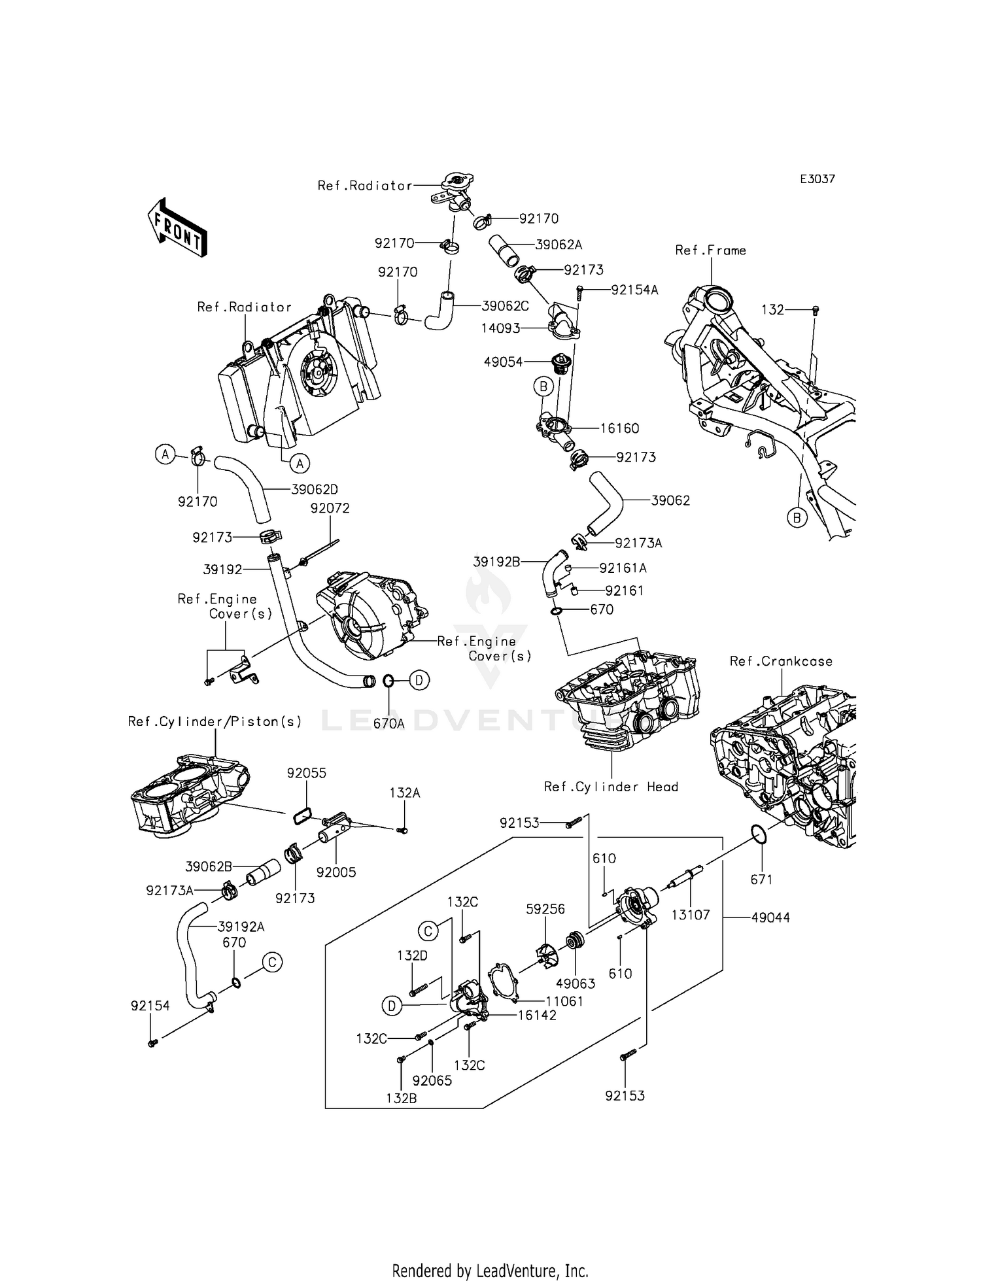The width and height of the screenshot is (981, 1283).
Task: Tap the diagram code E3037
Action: pyautogui.click(x=817, y=179)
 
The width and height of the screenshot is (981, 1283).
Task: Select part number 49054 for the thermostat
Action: pyautogui.click(x=503, y=362)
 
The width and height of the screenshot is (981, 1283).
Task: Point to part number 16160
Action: pyautogui.click(x=619, y=428)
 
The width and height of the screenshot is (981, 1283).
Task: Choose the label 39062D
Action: pyautogui.click(x=315, y=489)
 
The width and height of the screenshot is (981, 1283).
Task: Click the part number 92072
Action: pyautogui.click(x=330, y=508)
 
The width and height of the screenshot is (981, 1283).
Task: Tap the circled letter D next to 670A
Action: pyautogui.click(x=419, y=680)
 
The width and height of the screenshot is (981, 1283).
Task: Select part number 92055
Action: pyautogui.click(x=306, y=773)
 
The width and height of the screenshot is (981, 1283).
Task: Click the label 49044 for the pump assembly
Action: pyautogui.click(x=770, y=917)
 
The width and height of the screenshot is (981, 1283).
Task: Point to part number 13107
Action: pyautogui.click(x=691, y=915)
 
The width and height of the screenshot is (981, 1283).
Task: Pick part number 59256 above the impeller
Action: pyautogui.click(x=545, y=909)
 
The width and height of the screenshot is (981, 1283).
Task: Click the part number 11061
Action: pyautogui.click(x=564, y=1001)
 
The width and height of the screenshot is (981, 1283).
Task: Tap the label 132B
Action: pyautogui.click(x=401, y=1098)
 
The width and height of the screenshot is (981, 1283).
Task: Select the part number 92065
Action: pyautogui.click(x=432, y=1081)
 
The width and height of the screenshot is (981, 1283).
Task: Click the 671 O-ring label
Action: pyautogui.click(x=762, y=880)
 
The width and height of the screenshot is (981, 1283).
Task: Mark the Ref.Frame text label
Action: pyautogui.click(x=710, y=250)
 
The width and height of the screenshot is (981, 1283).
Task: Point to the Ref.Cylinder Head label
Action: pyautogui.click(x=611, y=787)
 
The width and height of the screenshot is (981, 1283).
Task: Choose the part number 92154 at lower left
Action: pyautogui.click(x=150, y=1006)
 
